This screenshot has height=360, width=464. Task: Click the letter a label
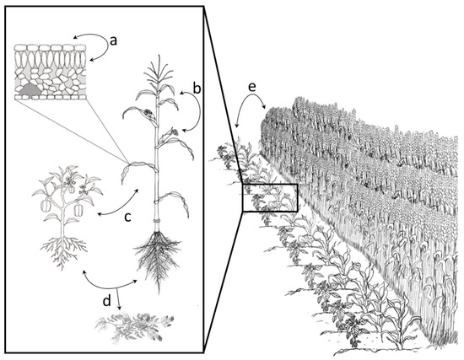[113, 41]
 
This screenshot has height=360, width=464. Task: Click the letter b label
[197, 89]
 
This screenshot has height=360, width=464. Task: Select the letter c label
[127, 218]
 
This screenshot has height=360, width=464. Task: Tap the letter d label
[107, 301]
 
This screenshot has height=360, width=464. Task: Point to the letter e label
[252, 87]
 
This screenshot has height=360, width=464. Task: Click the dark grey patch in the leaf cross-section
[30, 89]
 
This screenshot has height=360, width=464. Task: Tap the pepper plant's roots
[63, 252]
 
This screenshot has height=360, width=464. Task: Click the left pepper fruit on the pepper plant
[46, 205]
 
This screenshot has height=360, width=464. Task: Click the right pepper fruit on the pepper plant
[78, 210]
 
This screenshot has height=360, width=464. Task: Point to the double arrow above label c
[118, 206]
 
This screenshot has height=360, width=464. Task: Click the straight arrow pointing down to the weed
[119, 298]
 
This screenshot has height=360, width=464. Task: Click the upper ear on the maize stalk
[148, 113]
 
